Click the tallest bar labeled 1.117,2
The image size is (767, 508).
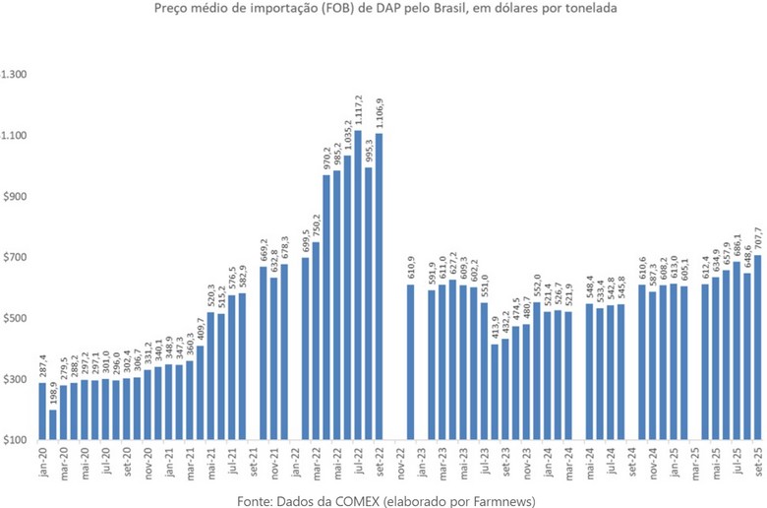tap(358, 286)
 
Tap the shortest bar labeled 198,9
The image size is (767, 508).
tap(52, 424)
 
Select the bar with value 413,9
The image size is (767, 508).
tap(495, 393)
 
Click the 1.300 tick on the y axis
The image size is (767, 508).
tap(17, 75)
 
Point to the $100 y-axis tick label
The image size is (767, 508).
tap(17, 440)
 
